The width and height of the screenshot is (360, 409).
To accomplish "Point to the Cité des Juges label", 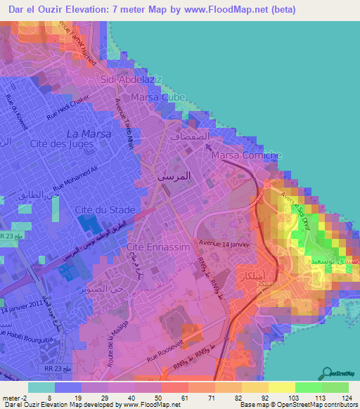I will (58, 143).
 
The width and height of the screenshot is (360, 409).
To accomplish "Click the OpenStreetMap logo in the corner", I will (340, 373).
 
